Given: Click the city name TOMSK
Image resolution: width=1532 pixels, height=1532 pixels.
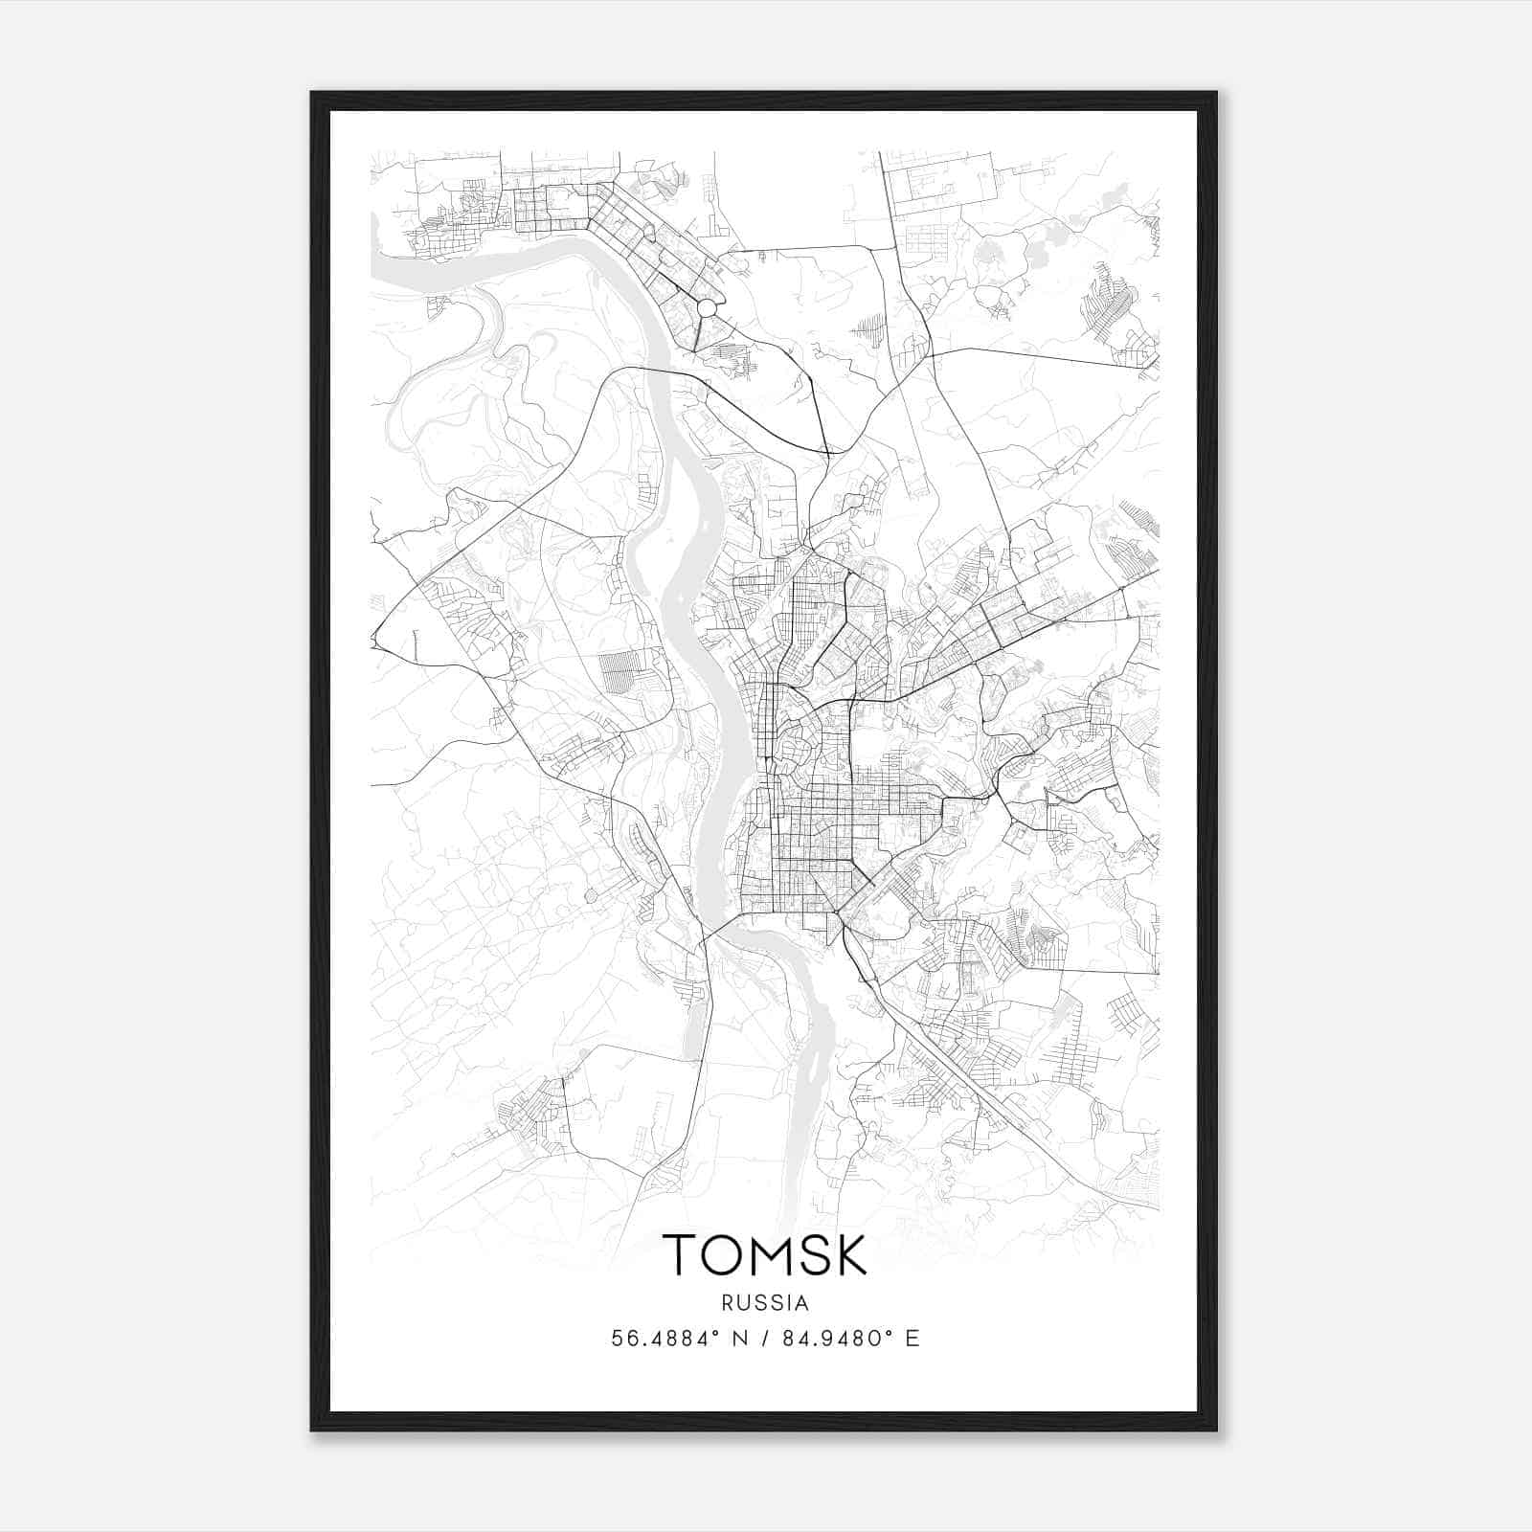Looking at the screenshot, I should [764, 1255].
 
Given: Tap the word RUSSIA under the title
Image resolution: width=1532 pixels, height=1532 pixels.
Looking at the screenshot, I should [765, 1303].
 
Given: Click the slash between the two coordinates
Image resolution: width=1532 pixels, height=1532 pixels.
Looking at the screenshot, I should [765, 1339].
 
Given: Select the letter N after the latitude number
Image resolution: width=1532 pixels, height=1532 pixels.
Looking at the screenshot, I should [738, 1339].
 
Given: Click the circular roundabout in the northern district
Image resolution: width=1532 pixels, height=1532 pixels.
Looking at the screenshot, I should [707, 307].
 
